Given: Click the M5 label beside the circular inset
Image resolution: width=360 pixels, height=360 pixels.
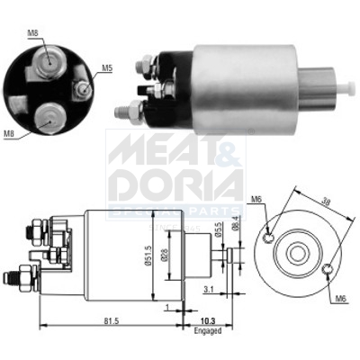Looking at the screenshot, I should [106, 67].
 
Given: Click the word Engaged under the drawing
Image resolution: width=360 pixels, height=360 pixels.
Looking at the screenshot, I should [207, 330].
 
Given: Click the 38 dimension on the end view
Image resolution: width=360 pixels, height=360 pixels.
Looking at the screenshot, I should [327, 203].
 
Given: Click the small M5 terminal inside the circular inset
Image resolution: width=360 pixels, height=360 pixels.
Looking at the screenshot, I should [82, 89].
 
